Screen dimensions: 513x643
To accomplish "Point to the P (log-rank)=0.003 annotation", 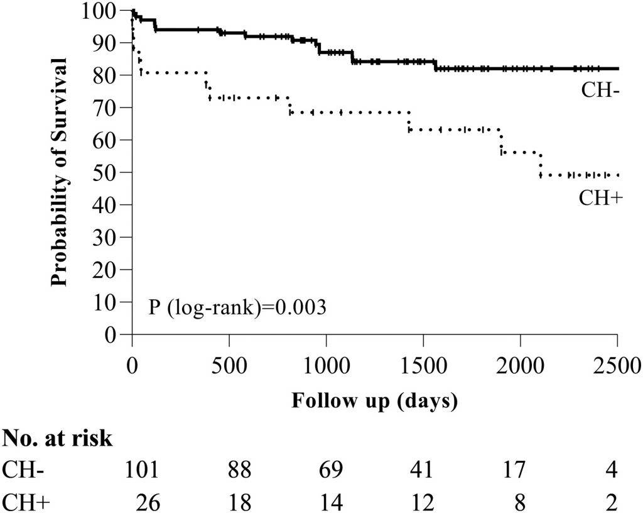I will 237,308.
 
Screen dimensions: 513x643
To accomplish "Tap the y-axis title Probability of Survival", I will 60,172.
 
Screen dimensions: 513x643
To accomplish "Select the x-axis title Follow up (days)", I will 374,400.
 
